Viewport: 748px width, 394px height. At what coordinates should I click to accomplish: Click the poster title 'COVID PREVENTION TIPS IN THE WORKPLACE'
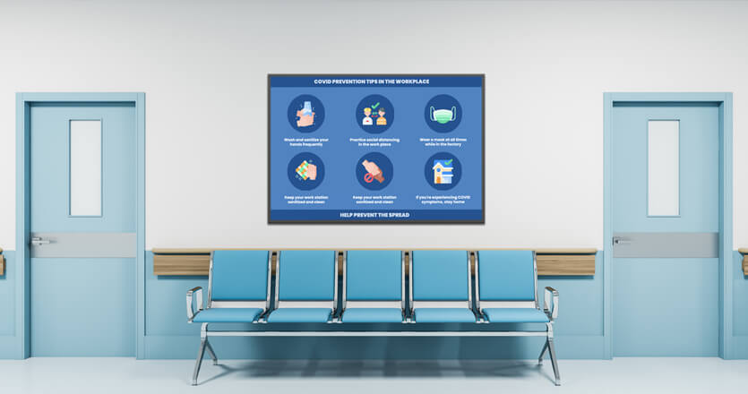(376, 81)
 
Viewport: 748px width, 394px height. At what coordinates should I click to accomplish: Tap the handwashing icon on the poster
(306, 114)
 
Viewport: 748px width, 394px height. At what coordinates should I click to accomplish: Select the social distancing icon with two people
(374, 114)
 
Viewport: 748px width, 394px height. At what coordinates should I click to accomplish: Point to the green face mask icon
(443, 114)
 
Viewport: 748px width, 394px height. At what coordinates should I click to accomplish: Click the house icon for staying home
(443, 170)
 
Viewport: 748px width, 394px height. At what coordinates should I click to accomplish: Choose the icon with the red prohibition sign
(374, 170)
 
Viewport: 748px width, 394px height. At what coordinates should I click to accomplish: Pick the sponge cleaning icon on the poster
(306, 170)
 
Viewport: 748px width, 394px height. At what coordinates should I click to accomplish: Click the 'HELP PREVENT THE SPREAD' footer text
(376, 215)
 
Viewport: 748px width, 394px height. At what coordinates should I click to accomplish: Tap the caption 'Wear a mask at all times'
(443, 141)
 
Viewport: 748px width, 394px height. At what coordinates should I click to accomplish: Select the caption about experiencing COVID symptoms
(443, 198)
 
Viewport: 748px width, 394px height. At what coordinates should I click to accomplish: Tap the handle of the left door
(39, 241)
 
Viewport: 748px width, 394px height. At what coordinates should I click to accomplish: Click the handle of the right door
(621, 240)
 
